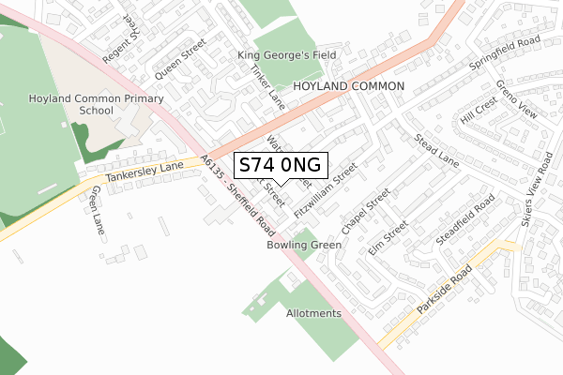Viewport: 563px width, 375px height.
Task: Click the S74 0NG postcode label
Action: click(x=280, y=165)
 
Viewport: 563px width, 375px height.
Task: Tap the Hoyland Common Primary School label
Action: click(x=83, y=104)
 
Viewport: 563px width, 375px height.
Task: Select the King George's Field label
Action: click(x=287, y=56)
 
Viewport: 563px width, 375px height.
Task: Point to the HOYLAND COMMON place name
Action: click(x=348, y=85)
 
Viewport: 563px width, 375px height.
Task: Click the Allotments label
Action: click(x=313, y=313)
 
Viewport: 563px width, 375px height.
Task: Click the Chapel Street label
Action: click(x=366, y=212)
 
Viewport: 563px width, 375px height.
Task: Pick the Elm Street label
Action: click(x=388, y=239)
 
